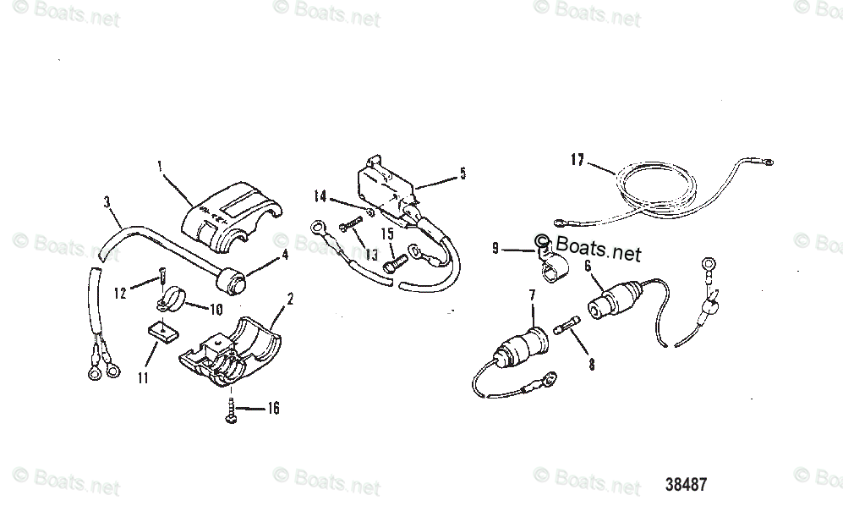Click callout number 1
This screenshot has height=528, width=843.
coord(161,166)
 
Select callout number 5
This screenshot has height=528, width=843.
coord(463,173)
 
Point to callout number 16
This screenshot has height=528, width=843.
coord(272,410)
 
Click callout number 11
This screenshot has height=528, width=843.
coord(144,378)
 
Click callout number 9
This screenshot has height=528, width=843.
coord(495,249)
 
